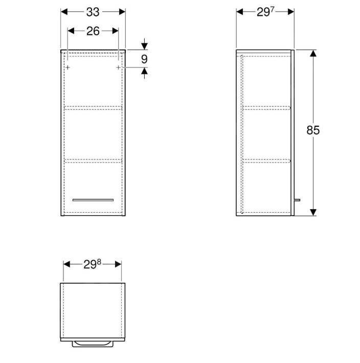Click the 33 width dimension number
93,12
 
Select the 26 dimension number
93,31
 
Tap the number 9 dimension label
144,59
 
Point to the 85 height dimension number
313,130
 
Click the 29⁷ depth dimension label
265,12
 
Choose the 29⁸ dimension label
92,264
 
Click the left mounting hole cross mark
67,67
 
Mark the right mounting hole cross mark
118,67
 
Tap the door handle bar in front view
93,200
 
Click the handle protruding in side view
297,200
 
